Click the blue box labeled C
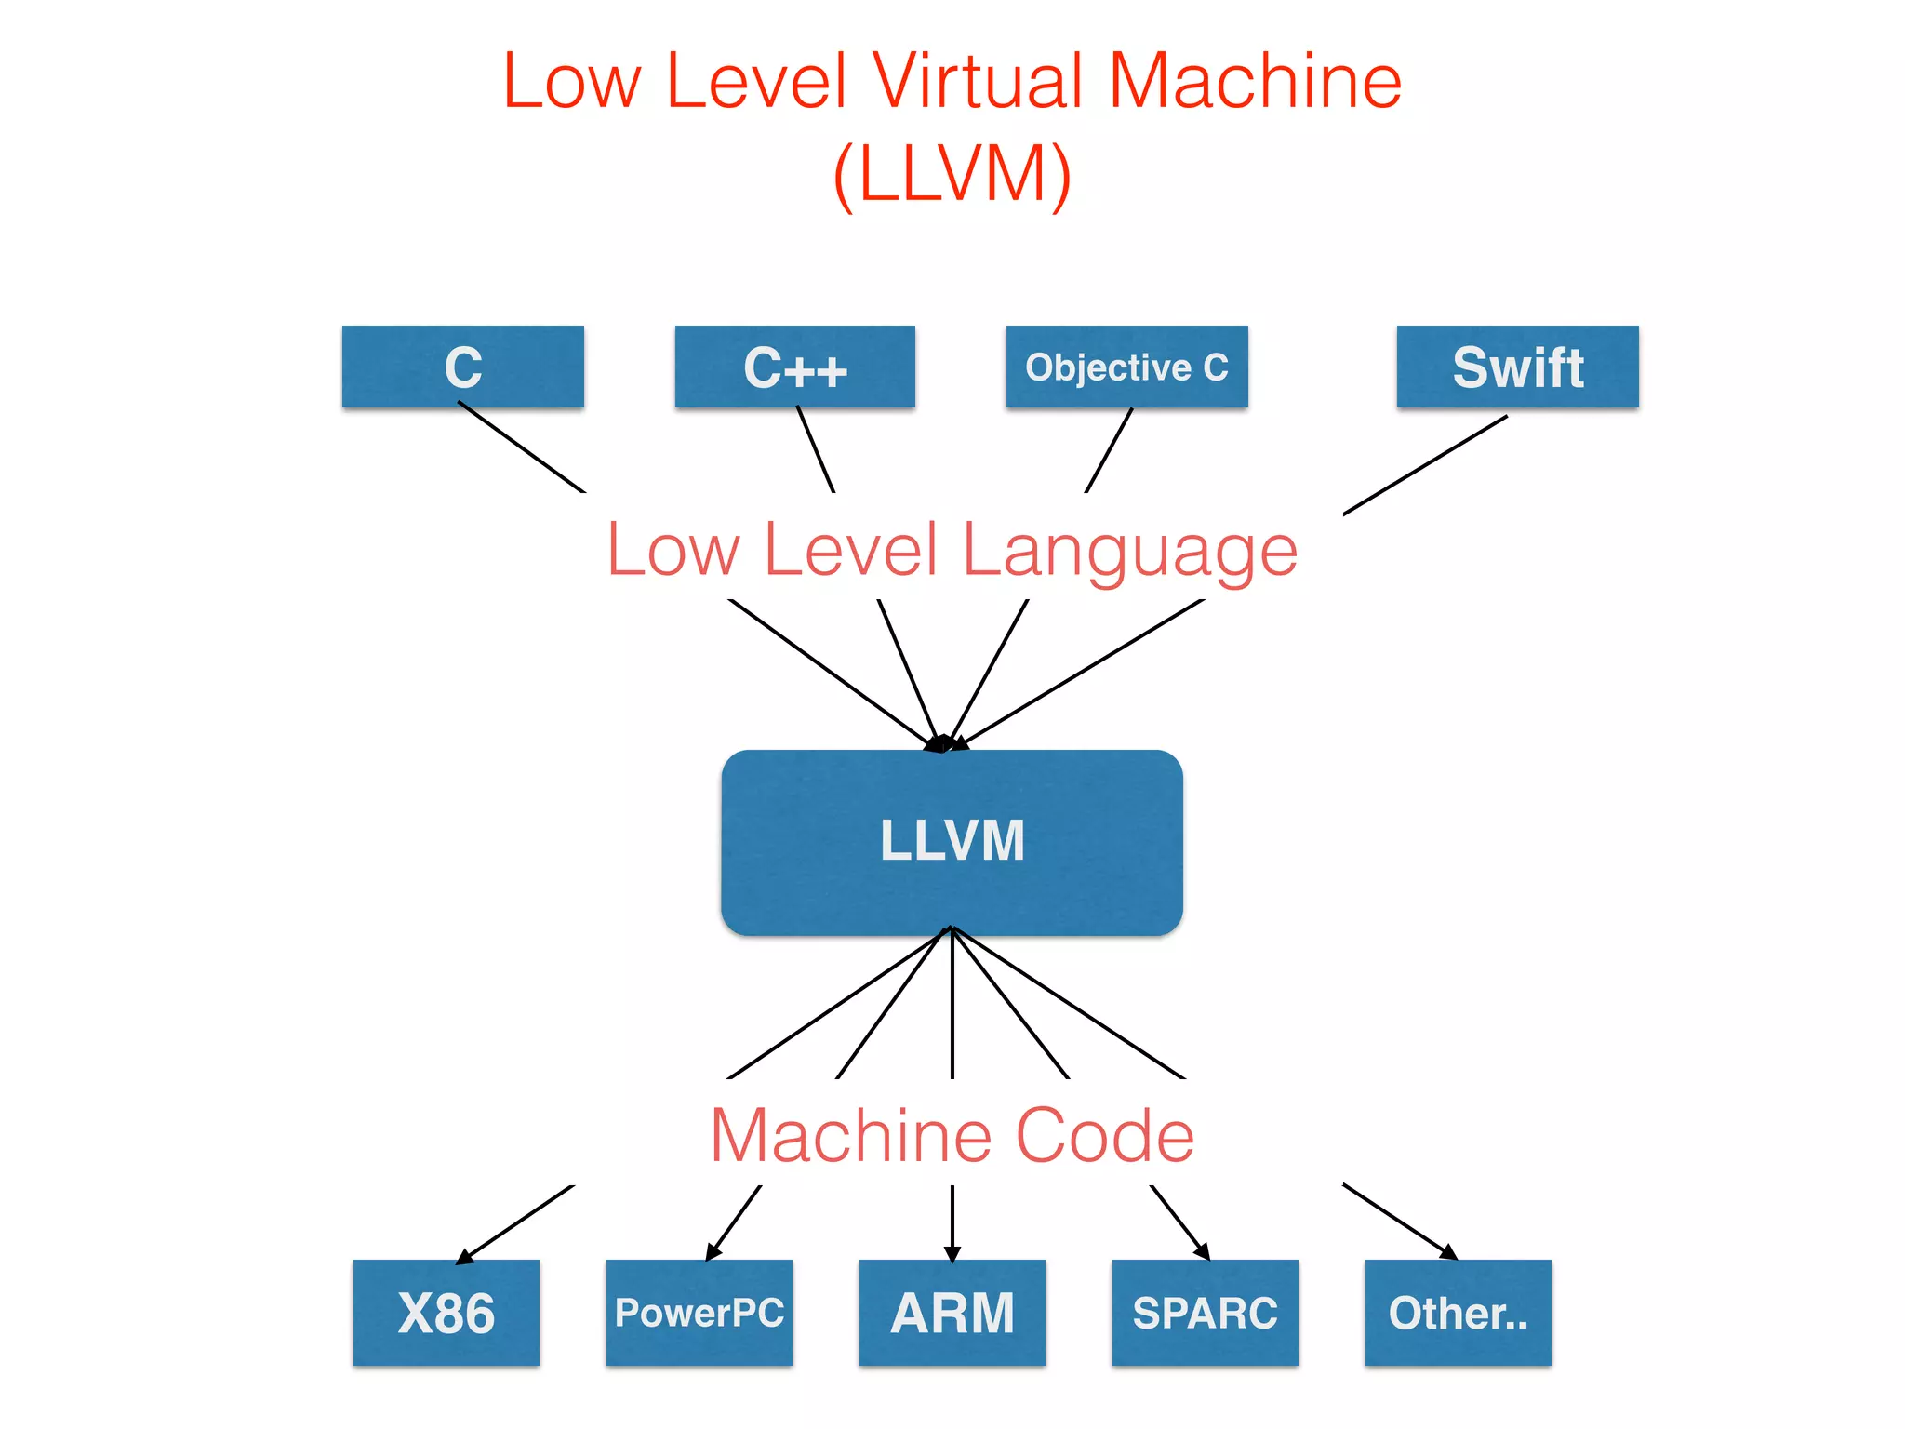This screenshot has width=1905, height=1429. (462, 367)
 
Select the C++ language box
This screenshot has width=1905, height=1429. (794, 367)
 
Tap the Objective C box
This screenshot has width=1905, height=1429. (1126, 367)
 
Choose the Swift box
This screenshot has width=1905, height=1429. (1517, 367)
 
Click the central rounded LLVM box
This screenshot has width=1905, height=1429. (952, 842)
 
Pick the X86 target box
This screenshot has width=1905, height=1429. (446, 1313)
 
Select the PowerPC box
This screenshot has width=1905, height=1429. (699, 1313)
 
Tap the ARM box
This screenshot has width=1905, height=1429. (952, 1313)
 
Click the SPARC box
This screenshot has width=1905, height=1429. (1205, 1313)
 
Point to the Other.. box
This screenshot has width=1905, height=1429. (1458, 1313)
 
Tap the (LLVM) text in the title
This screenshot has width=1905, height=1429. (952, 175)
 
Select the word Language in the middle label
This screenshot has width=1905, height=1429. (1129, 551)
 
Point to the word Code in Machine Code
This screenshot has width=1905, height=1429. (1105, 1136)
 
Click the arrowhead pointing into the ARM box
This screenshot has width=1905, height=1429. (952, 1254)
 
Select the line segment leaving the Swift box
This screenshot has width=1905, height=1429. (1425, 464)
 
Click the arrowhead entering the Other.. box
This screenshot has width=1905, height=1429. (1448, 1252)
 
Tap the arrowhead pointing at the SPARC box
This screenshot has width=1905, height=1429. (1202, 1252)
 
